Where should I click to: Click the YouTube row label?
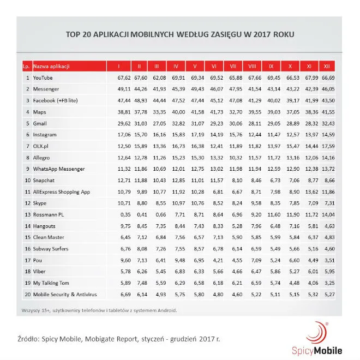tap(44, 77)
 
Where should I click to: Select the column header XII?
tap(327, 67)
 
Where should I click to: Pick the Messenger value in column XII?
tap(327, 89)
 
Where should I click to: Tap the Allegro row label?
tap(42, 158)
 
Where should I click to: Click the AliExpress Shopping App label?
tap(62, 192)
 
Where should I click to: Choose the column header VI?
tap(214, 67)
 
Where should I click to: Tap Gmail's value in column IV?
tap(175, 123)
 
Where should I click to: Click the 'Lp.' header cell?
tap(26, 67)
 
